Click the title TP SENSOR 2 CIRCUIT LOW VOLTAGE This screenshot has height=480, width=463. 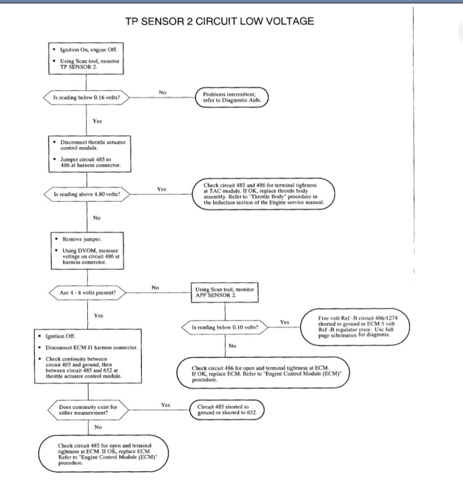coord(219,21)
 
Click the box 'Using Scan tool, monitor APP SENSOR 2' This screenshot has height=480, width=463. coord(224,292)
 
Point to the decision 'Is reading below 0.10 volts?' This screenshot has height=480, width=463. coord(225,327)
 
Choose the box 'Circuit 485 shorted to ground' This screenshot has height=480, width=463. coord(229,410)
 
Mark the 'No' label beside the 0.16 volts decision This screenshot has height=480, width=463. coord(162,92)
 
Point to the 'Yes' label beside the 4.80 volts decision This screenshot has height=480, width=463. coord(162,189)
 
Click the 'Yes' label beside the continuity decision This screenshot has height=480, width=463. coord(166,405)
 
